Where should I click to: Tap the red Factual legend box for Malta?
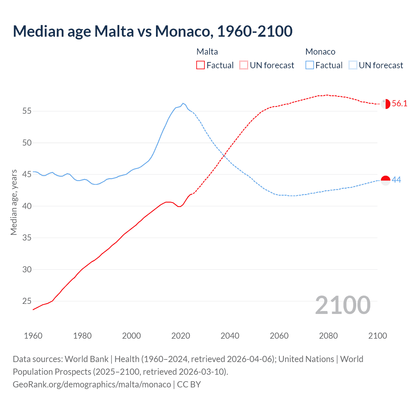(201, 65)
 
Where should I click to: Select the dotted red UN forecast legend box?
(244, 65)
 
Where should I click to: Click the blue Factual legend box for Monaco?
(310, 65)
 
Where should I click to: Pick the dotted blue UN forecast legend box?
(353, 65)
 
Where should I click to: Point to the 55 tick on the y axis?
(27, 111)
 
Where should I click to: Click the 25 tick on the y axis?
(27, 301)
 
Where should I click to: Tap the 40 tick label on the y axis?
(27, 206)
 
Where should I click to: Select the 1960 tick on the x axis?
(33, 336)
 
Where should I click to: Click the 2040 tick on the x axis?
(230, 336)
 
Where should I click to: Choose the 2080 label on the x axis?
(328, 336)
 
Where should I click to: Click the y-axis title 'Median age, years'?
(14, 202)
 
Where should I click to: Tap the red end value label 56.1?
(399, 104)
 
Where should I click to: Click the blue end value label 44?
(396, 180)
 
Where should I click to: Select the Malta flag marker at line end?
(385, 104)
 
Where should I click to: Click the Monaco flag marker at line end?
(385, 180)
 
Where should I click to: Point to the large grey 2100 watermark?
(343, 305)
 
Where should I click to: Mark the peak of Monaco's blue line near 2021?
(183, 103)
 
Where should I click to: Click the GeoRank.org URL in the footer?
(92, 384)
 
